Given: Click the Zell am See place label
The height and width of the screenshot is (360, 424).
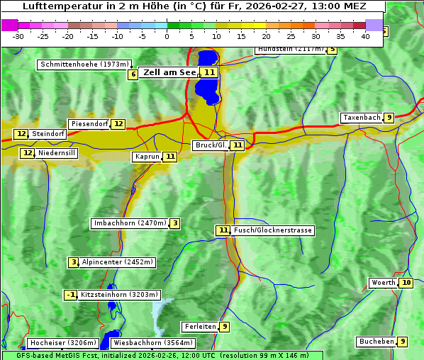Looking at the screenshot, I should click(169, 72).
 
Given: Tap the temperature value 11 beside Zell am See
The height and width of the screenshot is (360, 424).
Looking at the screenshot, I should click(208, 72).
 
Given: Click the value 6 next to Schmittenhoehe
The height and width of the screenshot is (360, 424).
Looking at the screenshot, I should click(133, 74).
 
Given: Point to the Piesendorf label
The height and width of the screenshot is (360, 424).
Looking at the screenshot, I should click(89, 124).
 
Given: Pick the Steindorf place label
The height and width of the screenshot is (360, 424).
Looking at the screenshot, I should click(49, 134).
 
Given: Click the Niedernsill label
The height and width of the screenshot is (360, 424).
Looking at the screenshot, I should click(57, 153).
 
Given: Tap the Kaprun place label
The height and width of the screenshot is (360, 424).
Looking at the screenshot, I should click(147, 157).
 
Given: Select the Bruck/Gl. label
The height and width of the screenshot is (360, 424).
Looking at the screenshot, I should click(211, 145).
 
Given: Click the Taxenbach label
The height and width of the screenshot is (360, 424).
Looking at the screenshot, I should click(362, 118).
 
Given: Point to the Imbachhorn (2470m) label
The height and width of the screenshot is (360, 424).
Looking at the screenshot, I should click(130, 224).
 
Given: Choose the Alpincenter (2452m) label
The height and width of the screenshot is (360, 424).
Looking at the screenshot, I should click(117, 262).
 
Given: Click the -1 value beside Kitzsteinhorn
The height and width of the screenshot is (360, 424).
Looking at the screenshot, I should click(71, 295).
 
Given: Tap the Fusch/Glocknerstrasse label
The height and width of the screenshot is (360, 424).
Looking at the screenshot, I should click(273, 230).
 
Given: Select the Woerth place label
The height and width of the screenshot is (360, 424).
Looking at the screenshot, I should click(384, 283).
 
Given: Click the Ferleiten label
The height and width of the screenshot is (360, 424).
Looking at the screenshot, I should click(199, 327).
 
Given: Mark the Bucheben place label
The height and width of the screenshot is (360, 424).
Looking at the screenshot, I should click(376, 342).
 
